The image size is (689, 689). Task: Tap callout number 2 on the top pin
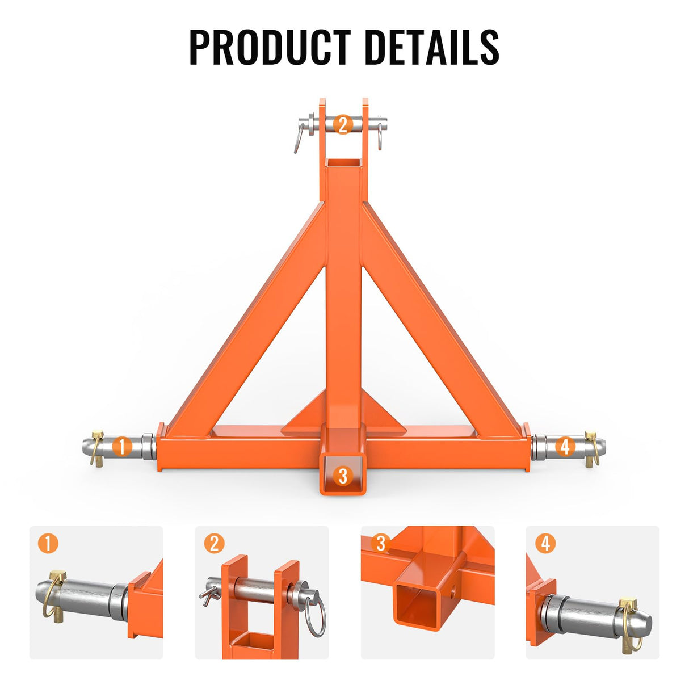coord(343,124)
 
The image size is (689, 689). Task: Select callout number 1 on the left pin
coord(122,447)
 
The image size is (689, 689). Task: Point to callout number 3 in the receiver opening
coord(342,475)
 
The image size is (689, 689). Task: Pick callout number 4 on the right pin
coord(564,447)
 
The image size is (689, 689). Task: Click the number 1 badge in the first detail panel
coord(48,543)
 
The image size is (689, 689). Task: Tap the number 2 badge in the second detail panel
coord(214,543)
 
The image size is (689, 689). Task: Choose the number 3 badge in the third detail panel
coord(380,543)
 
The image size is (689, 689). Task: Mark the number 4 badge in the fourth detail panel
coord(545,543)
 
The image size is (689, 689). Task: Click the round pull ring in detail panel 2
coord(316,612)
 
